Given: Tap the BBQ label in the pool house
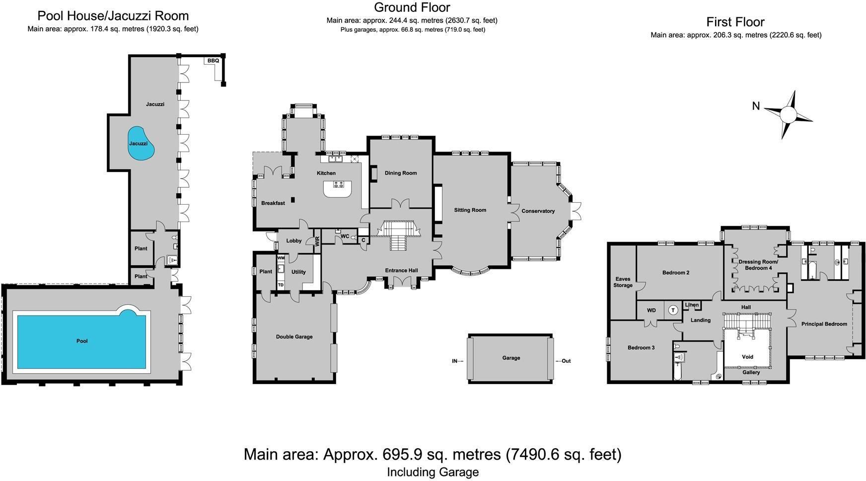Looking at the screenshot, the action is [213, 61].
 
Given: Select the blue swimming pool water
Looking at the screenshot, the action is [82, 340].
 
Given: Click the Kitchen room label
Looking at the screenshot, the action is [326, 173].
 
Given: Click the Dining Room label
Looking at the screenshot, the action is [401, 173].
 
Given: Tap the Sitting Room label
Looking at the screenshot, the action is [470, 210].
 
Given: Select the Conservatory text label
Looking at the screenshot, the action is [538, 211].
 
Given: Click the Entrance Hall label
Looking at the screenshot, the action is [401, 271].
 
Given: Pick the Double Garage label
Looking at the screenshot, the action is [294, 337].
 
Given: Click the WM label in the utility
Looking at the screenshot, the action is [281, 258].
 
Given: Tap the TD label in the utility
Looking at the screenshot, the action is [281, 285].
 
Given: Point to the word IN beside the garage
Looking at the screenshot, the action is [454, 361].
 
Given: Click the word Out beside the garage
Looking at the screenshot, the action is [566, 361].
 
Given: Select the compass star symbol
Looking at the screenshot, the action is [788, 115].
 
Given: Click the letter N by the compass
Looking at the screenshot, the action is [756, 106].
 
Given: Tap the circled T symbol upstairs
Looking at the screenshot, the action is [673, 310].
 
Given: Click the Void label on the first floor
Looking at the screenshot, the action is [747, 357].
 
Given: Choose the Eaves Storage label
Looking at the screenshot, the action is [623, 282].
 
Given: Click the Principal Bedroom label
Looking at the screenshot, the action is [824, 324].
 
